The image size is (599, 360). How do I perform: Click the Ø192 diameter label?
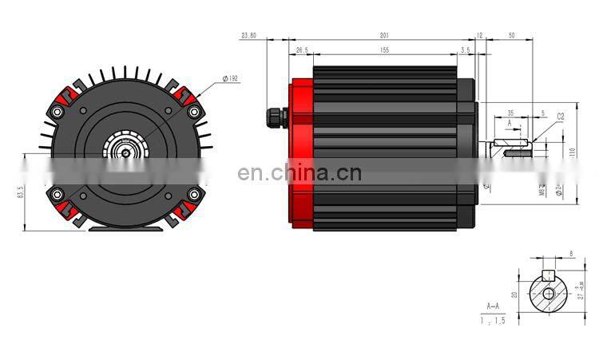pyautogui.click(x=231, y=78)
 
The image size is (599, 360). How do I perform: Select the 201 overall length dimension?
pyautogui.click(x=384, y=35)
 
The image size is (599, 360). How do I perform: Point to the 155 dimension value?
pyautogui.click(x=384, y=49)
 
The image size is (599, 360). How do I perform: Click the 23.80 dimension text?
pyautogui.click(x=248, y=35)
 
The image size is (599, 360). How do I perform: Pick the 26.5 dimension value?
pyautogui.click(x=301, y=49)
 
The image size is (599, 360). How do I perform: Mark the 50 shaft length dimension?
pyautogui.click(x=511, y=35)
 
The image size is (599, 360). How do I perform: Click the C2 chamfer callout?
pyautogui.click(x=560, y=117)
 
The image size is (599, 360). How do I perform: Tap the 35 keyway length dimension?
pyautogui.click(x=510, y=113)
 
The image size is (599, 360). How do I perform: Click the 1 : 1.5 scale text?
pyautogui.click(x=493, y=320)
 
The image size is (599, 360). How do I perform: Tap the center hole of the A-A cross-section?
pyautogui.click(x=548, y=294)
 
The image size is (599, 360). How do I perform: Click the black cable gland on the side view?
pyautogui.click(x=277, y=117)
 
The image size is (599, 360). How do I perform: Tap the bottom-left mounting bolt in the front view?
pyautogui.click(x=56, y=194)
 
